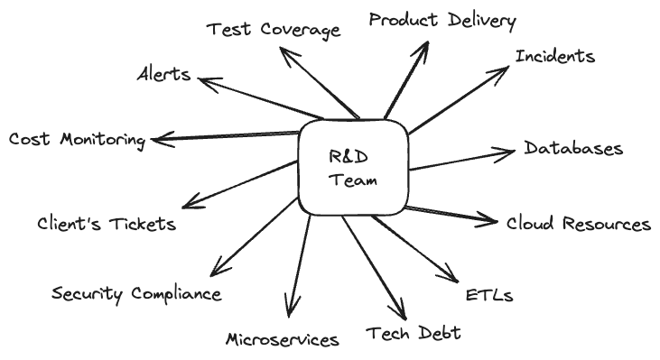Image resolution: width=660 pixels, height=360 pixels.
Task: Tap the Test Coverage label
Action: click(x=274, y=30)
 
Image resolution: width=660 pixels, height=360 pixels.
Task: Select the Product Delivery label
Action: click(x=442, y=21)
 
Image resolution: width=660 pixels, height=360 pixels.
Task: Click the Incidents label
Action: click(x=554, y=57)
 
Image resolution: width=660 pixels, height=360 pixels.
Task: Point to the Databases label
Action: click(x=573, y=149)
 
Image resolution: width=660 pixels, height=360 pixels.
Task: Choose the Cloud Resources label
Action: click(x=578, y=224)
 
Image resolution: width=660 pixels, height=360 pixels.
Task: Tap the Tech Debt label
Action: click(x=414, y=333)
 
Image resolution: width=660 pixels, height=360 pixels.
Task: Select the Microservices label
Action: click(x=282, y=339)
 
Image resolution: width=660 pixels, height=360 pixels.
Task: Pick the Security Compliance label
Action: click(x=136, y=294)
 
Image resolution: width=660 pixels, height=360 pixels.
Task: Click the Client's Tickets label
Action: click(x=107, y=224)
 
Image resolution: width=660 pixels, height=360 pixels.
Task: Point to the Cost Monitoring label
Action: click(x=77, y=140)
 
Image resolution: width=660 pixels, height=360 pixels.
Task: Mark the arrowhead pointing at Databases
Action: click(x=510, y=150)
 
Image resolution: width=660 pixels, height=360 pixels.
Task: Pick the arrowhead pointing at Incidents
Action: click(x=505, y=69)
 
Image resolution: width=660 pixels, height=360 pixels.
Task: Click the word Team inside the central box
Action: click(x=352, y=180)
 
